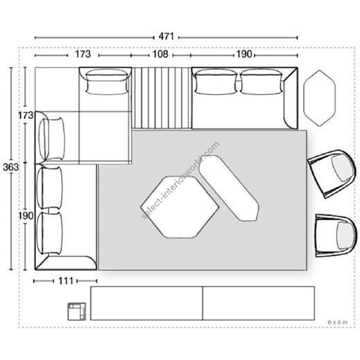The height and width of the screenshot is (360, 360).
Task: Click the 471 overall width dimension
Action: point(166,36)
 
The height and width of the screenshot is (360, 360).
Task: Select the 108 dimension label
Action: point(160,54)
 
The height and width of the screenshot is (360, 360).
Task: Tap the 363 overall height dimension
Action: point(11,167)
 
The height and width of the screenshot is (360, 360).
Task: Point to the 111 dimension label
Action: point(66,281)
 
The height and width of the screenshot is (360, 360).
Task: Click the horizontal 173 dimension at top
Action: point(83,54)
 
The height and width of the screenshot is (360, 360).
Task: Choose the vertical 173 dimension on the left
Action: point(26,115)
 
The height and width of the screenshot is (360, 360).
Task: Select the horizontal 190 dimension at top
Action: point(244,54)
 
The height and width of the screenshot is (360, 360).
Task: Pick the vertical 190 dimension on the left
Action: point(26,216)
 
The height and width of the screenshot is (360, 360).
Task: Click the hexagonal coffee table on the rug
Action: point(180,207)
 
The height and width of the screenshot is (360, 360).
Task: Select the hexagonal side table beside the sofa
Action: point(320,98)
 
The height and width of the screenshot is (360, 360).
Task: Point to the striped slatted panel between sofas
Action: point(162,98)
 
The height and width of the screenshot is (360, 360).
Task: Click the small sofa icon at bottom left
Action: point(77,311)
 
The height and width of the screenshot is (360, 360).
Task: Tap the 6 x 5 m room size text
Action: point(338,322)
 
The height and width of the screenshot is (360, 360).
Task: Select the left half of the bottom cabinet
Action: point(147,303)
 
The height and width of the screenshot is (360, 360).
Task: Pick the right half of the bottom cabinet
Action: point(258,303)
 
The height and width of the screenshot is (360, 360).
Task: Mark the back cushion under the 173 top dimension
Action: point(106,82)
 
